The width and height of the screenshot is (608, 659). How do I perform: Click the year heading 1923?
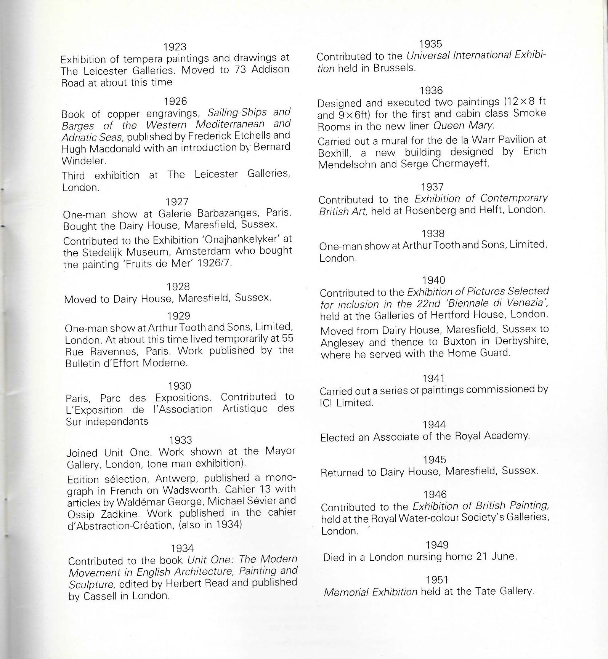pos(175,47)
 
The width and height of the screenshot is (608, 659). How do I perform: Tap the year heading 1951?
pos(437,580)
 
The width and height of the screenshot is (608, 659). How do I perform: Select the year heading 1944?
pos(434,425)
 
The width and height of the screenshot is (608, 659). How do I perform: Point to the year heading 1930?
pos(179,386)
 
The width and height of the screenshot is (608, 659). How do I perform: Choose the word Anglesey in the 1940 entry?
pos(342,342)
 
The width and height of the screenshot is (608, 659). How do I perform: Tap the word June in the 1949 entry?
pos(505,557)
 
